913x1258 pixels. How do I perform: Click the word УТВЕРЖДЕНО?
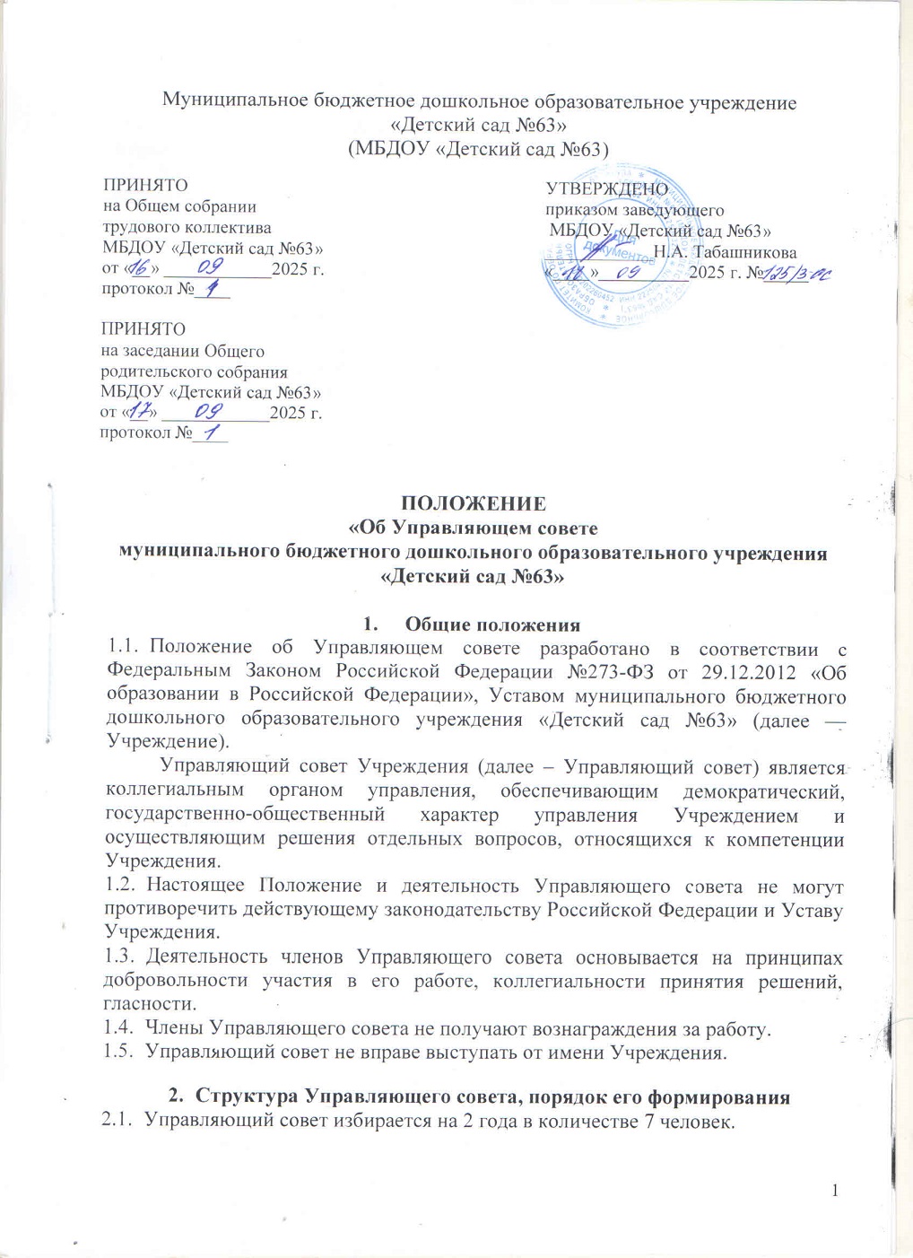607,188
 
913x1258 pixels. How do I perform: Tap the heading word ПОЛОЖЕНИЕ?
473,502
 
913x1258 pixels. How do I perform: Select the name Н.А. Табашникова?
725,252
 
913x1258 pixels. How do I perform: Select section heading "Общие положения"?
492,625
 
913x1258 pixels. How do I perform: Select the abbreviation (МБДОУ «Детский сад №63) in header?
478,149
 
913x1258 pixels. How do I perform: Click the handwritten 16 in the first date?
140,268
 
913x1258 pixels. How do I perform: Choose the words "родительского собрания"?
194,371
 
